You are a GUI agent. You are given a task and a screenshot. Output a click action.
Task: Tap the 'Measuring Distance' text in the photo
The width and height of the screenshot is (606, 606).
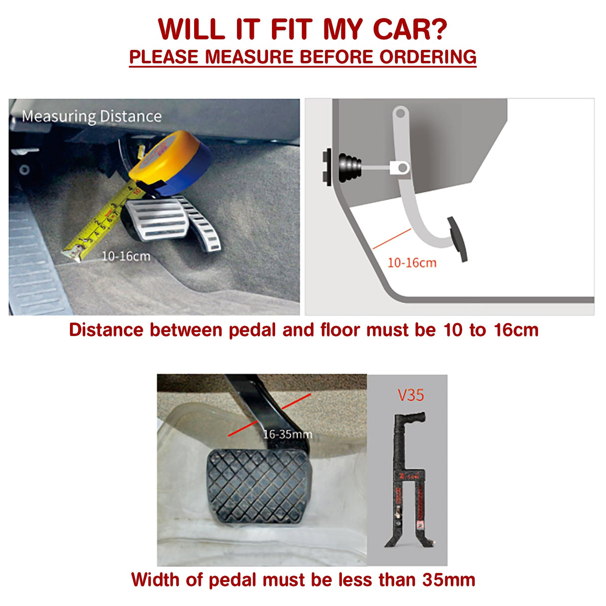coord(91,116)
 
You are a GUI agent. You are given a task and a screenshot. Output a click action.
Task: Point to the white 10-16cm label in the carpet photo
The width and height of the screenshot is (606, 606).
coord(126,256)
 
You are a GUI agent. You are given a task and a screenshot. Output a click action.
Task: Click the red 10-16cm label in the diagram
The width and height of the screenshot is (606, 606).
coord(412,263)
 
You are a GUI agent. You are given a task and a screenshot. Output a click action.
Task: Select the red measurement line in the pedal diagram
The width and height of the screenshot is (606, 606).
coord(392,239)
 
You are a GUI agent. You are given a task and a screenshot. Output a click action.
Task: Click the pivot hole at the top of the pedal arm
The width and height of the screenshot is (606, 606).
coord(400,113)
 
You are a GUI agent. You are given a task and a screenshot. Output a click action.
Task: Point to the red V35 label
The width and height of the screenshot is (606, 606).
coord(411,395)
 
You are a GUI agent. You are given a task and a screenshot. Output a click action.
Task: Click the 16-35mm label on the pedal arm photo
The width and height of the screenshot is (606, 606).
coord(287,434)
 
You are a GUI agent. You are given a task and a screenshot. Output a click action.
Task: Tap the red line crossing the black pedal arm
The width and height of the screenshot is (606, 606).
coord(270,415)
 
